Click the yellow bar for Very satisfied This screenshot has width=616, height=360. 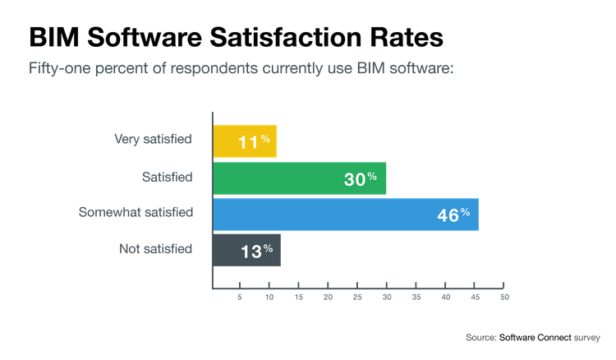coord(245,141)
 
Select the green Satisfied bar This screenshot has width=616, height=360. coord(300,178)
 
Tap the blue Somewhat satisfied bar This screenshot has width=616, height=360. coord(346,215)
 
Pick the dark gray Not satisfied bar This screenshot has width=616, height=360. coord(247,251)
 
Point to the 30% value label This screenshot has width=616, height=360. coord(361,178)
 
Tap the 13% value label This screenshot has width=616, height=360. coord(257,251)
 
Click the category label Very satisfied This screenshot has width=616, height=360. coord(152,139)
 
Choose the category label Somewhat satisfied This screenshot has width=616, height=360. coord(136,212)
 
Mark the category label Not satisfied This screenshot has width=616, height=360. coord(155,248)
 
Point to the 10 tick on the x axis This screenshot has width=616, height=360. coord(269,295)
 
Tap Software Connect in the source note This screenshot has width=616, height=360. coord(536,337)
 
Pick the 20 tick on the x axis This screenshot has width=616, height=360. coord(328,295)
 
